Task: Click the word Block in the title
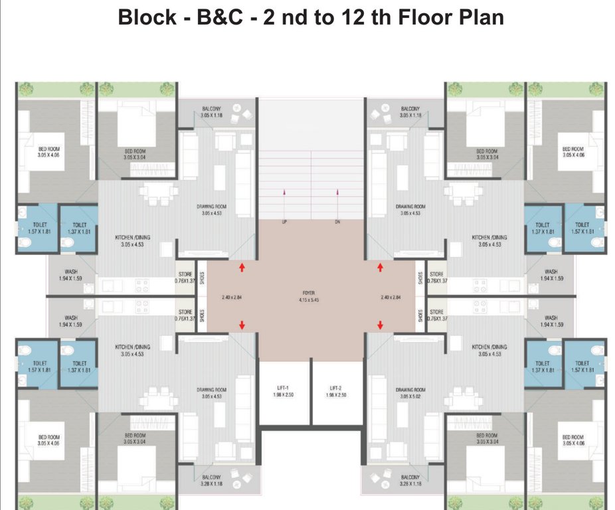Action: coord(145,17)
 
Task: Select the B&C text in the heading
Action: coord(222,17)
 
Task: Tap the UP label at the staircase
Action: coord(284,222)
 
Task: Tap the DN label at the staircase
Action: coord(338,222)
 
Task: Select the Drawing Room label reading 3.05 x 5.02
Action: coord(410,394)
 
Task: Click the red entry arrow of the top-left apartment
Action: coord(242,267)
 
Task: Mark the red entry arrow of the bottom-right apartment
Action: coord(380,325)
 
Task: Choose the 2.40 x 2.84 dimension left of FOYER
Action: coord(232,297)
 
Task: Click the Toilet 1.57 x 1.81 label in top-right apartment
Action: coord(582,228)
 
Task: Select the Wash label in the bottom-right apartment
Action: coord(551,321)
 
